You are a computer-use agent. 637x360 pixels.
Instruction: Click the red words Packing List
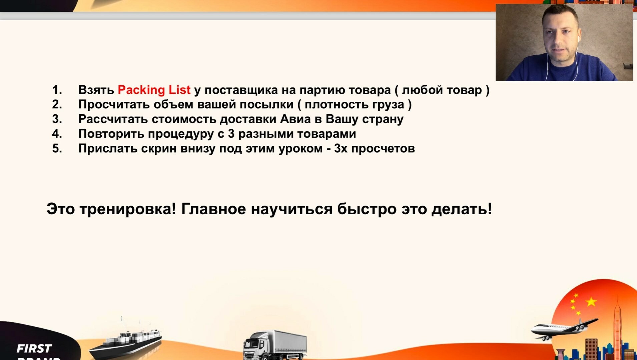[154, 90]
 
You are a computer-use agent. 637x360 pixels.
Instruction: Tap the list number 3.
[57, 119]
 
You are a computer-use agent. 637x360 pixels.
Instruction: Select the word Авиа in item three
[295, 119]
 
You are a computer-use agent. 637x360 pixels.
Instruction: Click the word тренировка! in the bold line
[128, 209]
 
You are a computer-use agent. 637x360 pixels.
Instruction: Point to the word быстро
[367, 209]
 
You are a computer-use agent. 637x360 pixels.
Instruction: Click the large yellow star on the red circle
[591, 302]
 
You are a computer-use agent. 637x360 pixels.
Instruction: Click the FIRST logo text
[34, 349]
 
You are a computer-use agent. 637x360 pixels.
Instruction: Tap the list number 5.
[57, 148]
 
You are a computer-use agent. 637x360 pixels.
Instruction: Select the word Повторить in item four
[111, 134]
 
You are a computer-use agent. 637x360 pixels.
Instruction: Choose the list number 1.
[57, 90]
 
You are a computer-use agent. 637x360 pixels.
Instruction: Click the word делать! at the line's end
[462, 209]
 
